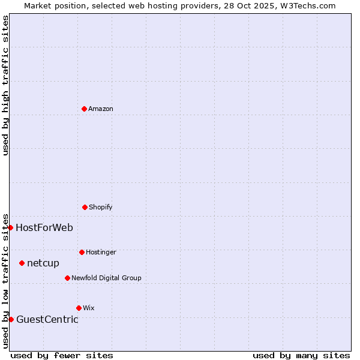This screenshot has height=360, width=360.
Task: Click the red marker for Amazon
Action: [84, 109]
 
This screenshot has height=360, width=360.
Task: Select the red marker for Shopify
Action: [85, 207]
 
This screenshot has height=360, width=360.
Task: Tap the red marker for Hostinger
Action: [82, 252]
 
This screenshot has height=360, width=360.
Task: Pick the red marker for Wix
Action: [79, 308]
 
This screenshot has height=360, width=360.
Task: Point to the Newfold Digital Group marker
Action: [67, 278]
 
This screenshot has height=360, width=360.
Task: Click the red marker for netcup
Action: [22, 263]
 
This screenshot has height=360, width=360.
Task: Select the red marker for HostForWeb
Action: [10, 227]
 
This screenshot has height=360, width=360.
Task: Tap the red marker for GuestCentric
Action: [11, 319]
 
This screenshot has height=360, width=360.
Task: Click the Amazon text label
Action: [101, 109]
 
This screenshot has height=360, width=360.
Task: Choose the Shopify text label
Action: [101, 207]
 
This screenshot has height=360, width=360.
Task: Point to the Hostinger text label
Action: [101, 252]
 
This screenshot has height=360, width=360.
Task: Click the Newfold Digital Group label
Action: [106, 278]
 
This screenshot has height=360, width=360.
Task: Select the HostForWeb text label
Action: [44, 227]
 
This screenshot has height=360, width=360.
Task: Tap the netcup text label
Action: [43, 263]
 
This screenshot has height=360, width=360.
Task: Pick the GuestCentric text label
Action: [47, 319]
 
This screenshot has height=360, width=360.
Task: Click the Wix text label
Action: [89, 308]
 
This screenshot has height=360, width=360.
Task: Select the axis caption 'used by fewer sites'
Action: [62, 355]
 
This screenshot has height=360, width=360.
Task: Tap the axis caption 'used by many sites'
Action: [301, 355]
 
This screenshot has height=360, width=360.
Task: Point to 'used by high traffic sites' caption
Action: [5, 85]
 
